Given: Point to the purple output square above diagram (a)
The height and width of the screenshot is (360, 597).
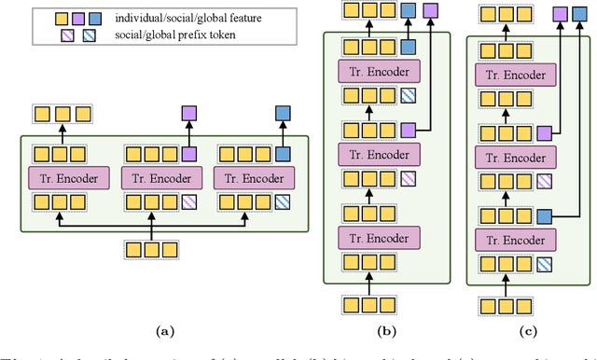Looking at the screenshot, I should coord(190,113).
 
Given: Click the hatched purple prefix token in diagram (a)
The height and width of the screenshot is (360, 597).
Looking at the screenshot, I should coord(190,200).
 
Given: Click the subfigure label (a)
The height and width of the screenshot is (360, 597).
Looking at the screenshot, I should coord(164,329).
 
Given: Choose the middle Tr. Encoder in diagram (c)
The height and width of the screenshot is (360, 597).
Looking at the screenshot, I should coord(510,156).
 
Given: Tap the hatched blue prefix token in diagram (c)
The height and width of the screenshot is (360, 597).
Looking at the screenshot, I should coord(543,264).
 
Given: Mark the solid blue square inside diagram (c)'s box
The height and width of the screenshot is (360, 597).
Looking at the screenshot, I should coord(543,215).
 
